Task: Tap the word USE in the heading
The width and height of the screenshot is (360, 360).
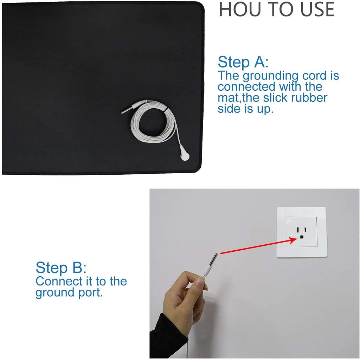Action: click(317, 9)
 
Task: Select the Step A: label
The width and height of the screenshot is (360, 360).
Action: click(243, 62)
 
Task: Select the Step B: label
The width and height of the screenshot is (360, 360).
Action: click(61, 268)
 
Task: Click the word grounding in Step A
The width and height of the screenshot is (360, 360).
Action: click(270, 76)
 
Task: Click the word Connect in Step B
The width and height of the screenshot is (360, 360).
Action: click(59, 282)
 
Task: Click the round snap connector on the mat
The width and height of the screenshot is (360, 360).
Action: click(185, 156)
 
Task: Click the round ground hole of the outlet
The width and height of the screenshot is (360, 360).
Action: click(302, 237)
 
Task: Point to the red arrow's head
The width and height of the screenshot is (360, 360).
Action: click(293, 240)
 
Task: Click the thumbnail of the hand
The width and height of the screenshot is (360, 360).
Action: click(200, 282)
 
